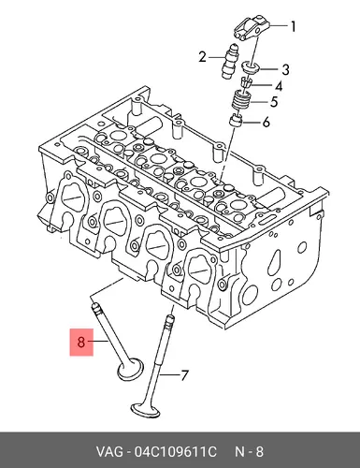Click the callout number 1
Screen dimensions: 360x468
293,27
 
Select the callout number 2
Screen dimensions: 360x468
203,57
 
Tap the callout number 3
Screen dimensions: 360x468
285,69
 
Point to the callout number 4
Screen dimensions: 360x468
279,86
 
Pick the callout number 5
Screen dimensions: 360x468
274,102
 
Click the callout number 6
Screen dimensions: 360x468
266,123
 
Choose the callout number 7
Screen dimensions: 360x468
185,375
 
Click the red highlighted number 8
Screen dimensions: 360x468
81,343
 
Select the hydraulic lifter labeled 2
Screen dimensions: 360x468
227,62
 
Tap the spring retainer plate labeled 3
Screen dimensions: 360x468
252,67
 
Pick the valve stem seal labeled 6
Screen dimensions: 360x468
237,121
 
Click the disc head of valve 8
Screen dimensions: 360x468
131,370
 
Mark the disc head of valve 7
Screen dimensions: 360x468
145,411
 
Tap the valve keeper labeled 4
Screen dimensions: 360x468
246,83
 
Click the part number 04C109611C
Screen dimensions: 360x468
175,452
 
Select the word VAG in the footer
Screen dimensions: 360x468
109,452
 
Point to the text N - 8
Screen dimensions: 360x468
249,452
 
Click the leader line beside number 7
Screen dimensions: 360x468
169,373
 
